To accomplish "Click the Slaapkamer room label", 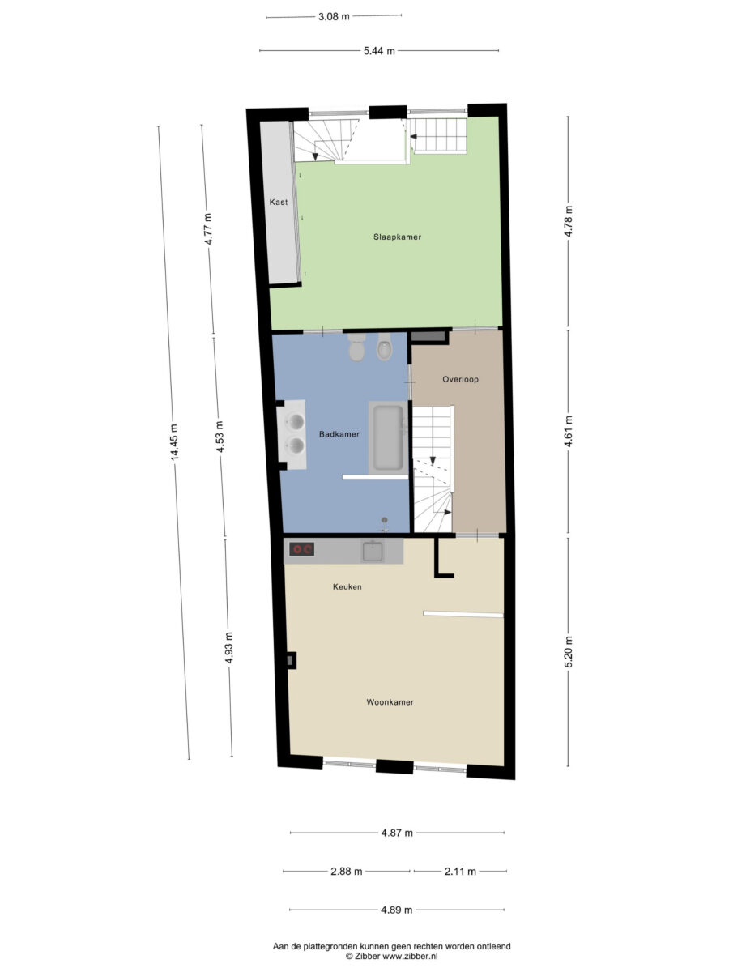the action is (x=397, y=237).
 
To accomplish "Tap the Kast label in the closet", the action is (x=279, y=202).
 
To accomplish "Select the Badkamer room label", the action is (x=339, y=434).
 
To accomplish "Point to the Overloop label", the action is (x=460, y=379).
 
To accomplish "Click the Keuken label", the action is (x=347, y=586).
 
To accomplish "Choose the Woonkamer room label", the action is (x=390, y=702).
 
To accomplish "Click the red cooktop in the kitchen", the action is (x=302, y=549).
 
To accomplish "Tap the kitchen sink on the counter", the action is (x=373, y=551).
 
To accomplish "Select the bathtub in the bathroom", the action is (x=387, y=438).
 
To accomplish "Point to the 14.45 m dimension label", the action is (x=174, y=442).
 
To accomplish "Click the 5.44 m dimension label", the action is (x=379, y=51).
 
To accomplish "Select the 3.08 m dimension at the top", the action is (x=334, y=17).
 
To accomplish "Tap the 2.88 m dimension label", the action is (x=347, y=872).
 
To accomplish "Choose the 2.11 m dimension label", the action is (x=460, y=872).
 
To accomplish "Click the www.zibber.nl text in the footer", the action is (x=410, y=956).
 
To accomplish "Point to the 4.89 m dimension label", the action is (x=397, y=910).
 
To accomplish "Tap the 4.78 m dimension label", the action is (x=569, y=221).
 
